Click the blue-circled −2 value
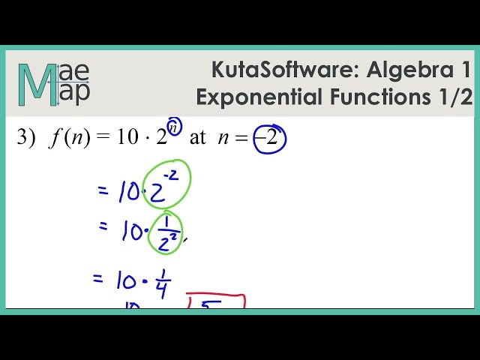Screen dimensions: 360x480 270,139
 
